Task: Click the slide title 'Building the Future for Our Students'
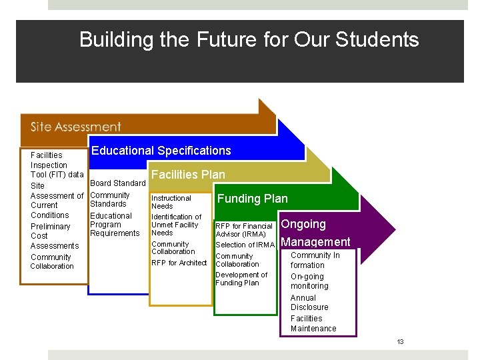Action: point(249,40)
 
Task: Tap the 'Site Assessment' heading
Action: point(75,127)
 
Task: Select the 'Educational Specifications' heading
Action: point(161,151)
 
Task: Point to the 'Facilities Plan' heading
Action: point(188,175)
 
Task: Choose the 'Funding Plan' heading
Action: point(253,199)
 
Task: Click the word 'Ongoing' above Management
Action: point(303,224)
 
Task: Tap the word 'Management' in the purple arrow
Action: point(315,242)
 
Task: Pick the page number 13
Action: point(400,342)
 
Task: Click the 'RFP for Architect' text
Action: point(179,263)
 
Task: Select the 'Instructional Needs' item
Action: point(171,202)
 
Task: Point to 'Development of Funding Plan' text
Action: point(241,279)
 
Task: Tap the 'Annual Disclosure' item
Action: point(309,303)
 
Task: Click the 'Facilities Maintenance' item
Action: point(313,323)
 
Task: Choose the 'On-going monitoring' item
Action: point(309,281)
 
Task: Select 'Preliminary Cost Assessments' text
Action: point(51,236)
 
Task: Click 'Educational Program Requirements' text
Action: point(115,225)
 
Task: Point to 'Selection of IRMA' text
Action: point(245,245)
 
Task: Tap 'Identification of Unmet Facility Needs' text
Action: point(176,225)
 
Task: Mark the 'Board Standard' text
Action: point(117,183)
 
